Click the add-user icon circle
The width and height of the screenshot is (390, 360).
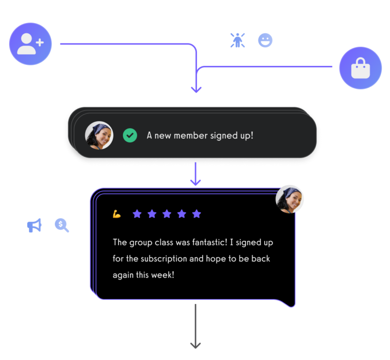point(30,43)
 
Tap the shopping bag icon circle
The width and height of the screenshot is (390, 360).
point(360,68)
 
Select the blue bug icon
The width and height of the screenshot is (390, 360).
point(237,40)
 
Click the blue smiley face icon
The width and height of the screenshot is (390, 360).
point(265,40)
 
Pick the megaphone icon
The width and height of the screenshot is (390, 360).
point(34,225)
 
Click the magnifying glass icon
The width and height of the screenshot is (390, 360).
point(62,225)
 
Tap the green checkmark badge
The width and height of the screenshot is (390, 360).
point(130,135)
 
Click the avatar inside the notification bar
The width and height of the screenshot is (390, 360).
point(99,135)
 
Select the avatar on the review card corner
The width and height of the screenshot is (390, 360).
point(290,200)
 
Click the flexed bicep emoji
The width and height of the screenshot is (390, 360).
point(117,214)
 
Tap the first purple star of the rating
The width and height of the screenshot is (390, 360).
point(137,214)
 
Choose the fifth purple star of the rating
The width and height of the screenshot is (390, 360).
point(196,214)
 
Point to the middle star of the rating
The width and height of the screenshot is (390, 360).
point(167,214)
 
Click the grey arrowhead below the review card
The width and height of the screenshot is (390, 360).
point(195,345)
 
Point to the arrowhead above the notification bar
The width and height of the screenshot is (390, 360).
point(196,89)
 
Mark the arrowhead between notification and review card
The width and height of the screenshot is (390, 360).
point(195,182)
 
